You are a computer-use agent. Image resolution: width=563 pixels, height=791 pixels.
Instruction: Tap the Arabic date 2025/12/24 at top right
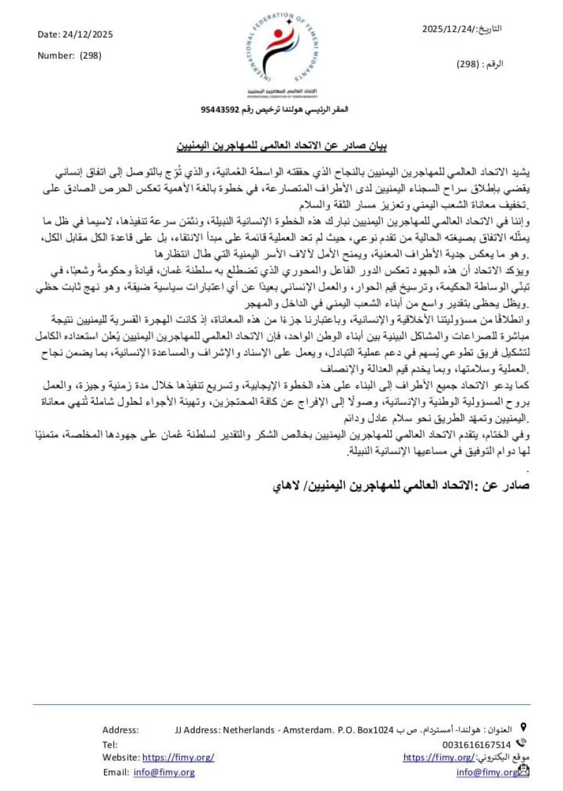[x=447, y=29]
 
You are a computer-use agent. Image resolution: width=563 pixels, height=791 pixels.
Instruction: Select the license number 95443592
[x=220, y=110]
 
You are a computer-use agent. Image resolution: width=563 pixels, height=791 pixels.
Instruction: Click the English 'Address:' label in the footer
[x=120, y=730]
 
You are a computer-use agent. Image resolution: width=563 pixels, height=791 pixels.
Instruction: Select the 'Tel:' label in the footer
[x=109, y=744]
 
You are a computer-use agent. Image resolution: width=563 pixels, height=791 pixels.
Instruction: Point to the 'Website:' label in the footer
[x=120, y=757]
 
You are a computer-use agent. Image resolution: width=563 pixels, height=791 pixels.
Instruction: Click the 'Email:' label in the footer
[x=116, y=772]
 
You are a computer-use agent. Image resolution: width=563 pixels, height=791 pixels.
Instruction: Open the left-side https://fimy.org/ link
[x=178, y=757]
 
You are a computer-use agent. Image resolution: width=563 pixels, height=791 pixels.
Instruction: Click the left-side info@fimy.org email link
[x=164, y=772]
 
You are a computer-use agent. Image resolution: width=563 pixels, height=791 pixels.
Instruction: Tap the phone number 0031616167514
[x=476, y=744]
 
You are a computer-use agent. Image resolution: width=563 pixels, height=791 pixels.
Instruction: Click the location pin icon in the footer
[x=522, y=729]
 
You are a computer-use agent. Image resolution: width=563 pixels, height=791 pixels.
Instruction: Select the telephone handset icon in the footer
[x=522, y=744]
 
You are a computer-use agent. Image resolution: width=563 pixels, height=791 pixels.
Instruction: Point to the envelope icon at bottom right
[x=524, y=771]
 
